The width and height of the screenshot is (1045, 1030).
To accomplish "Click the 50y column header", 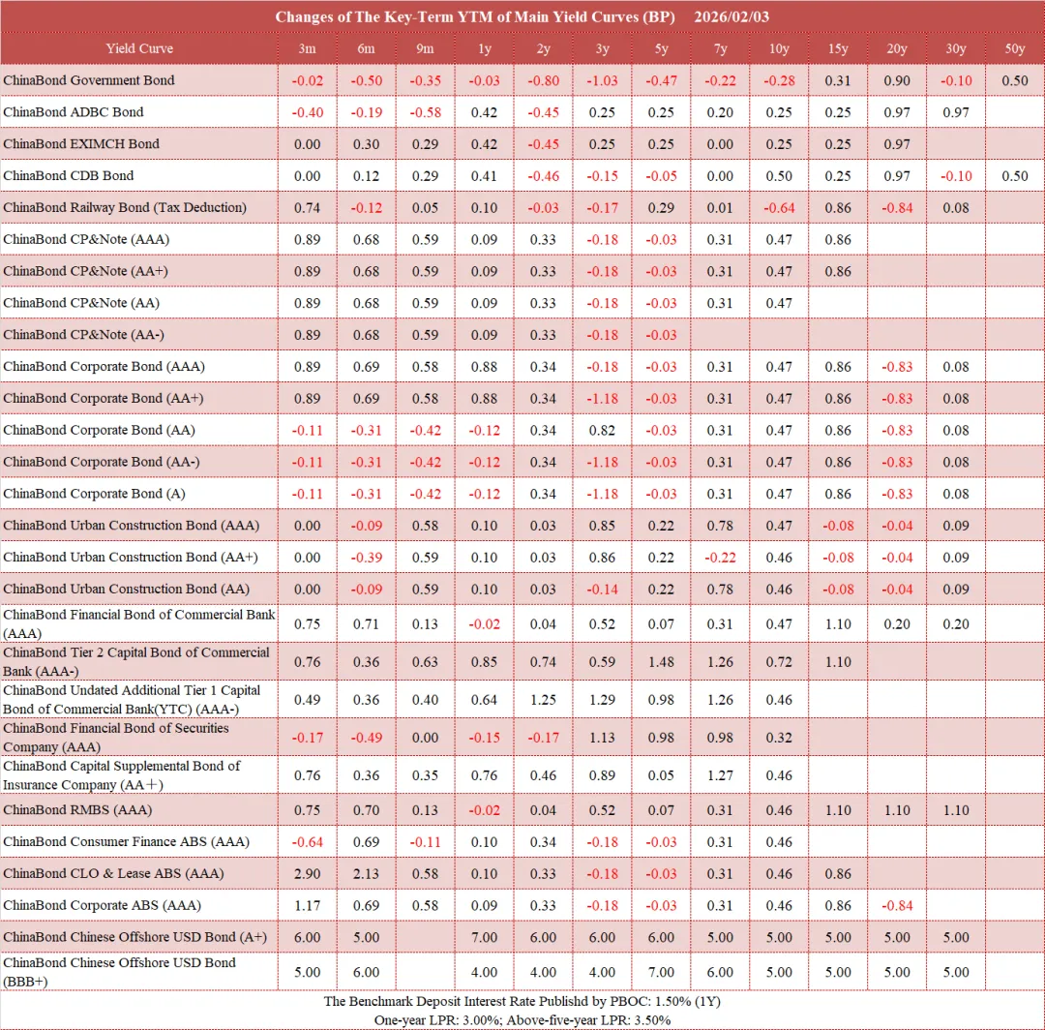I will click(x=1014, y=48).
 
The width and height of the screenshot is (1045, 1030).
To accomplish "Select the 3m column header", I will click(x=307, y=48).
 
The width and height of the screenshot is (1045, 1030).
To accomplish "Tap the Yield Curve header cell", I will click(x=139, y=48).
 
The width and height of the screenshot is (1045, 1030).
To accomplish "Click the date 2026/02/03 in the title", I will click(x=731, y=17).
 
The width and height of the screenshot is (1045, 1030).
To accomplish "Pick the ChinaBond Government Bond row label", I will click(x=89, y=80).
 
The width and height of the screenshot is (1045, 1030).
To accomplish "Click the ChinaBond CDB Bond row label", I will click(x=69, y=175).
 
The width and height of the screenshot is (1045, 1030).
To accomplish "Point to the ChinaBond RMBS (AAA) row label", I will click(x=77, y=809).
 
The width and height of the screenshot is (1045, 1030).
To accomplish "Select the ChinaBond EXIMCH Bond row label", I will click(x=81, y=143).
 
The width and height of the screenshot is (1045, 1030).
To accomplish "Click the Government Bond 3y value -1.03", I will click(x=602, y=80).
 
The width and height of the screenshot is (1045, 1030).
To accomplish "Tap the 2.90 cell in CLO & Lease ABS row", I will click(x=307, y=873).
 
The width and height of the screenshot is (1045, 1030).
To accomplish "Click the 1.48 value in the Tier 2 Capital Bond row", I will click(x=661, y=662).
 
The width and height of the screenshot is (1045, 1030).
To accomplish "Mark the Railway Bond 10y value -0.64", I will click(x=779, y=207).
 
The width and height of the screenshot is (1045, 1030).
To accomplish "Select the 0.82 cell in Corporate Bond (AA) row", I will click(x=602, y=430).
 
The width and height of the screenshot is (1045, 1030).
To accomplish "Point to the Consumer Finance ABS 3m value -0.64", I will click(x=307, y=841).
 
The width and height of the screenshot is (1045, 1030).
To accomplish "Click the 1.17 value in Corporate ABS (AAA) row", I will click(x=307, y=905).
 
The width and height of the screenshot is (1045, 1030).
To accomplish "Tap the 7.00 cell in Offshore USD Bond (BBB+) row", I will click(x=661, y=972).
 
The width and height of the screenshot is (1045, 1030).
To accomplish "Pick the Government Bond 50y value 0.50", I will click(x=1014, y=80).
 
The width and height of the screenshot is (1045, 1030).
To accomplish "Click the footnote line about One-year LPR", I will click(x=522, y=1020).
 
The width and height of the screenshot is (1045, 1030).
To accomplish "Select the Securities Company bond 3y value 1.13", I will click(x=602, y=738).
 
